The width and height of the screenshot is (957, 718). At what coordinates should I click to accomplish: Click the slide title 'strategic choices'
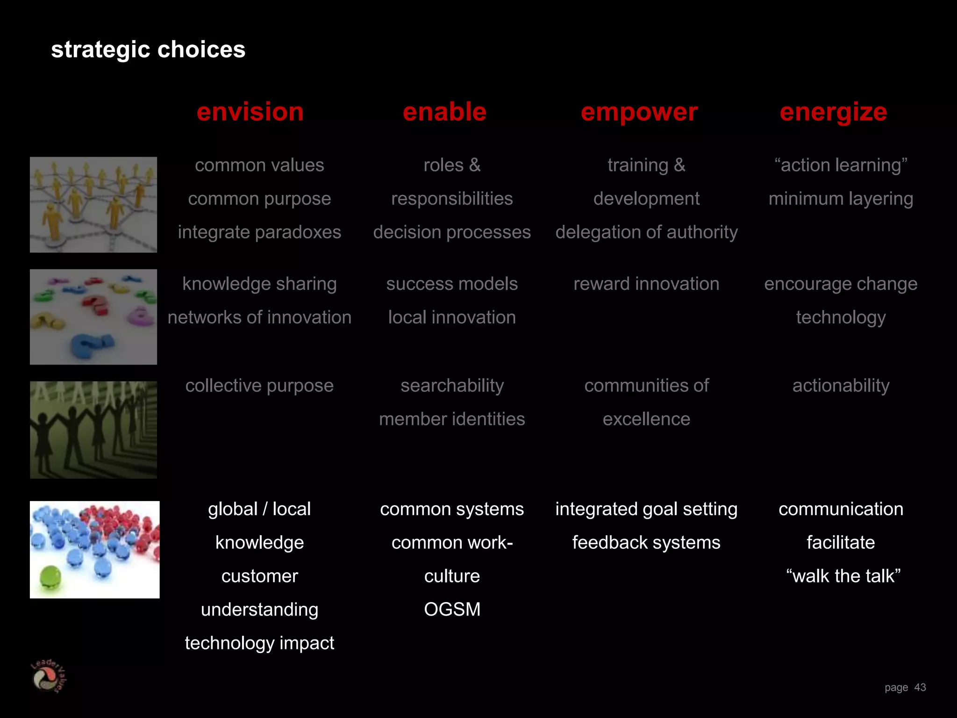click(x=148, y=50)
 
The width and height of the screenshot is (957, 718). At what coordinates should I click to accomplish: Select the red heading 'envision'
click(x=250, y=112)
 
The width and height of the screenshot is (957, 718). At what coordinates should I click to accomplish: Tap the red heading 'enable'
click(x=444, y=112)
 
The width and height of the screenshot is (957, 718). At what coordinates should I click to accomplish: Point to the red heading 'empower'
click(x=639, y=112)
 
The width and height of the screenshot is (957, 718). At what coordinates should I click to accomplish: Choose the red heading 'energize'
click(x=833, y=112)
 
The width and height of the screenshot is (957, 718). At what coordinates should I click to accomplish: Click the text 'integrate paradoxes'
click(x=259, y=232)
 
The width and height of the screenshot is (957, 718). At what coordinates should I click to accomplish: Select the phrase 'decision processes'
click(x=452, y=232)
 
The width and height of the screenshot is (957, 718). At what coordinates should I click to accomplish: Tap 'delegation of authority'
click(x=646, y=232)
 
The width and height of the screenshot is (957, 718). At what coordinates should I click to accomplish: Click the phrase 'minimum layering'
click(x=841, y=199)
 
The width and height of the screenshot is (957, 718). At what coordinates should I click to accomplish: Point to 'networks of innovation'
click(x=259, y=317)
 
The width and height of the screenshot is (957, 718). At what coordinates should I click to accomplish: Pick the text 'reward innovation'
click(x=646, y=284)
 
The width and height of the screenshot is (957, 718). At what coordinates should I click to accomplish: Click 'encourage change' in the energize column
click(x=841, y=284)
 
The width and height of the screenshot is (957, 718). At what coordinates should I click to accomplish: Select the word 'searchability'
click(x=452, y=386)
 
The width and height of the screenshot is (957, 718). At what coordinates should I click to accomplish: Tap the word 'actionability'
click(x=841, y=386)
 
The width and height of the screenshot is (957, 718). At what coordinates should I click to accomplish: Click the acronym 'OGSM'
click(x=452, y=610)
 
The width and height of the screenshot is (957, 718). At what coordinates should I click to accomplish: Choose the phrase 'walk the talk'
click(x=843, y=576)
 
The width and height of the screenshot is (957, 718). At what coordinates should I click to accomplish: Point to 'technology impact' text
click(x=259, y=643)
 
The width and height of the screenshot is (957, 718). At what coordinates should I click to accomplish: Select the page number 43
click(x=920, y=687)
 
